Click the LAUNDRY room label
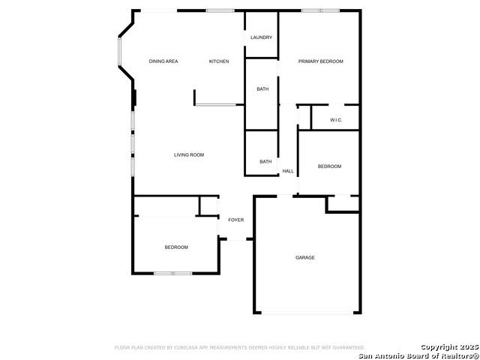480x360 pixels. click(x=261, y=37)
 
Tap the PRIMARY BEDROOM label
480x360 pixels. click(x=320, y=61)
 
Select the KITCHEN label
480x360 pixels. click(x=219, y=61)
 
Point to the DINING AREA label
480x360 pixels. click(x=163, y=61)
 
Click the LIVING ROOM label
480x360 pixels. click(x=189, y=155)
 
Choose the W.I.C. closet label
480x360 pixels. click(x=336, y=120)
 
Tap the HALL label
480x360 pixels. click(x=288, y=171)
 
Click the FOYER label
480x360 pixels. click(x=236, y=220)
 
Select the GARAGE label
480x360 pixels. click(x=305, y=257)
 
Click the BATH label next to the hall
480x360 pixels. click(x=265, y=161)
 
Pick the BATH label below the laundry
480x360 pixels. click(x=262, y=88)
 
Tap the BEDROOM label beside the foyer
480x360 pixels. click(x=176, y=247)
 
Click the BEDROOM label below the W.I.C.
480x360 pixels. click(x=329, y=166)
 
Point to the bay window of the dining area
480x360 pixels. click(x=119, y=52)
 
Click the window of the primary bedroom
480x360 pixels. click(x=320, y=10)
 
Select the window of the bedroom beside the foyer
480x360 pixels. click(x=173, y=273)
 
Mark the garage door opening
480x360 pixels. click(x=307, y=313)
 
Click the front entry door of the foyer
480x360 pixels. click(x=236, y=239)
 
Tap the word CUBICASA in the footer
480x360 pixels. click(x=184, y=347)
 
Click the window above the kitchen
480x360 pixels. click(x=220, y=10)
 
